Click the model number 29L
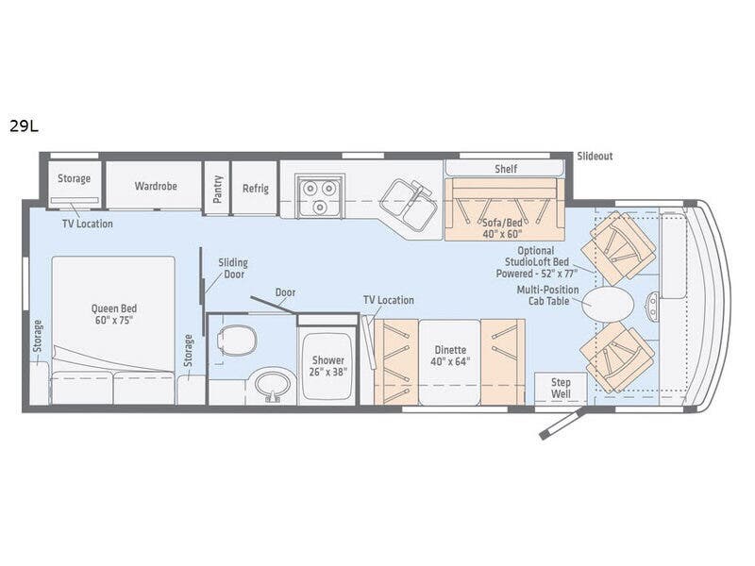pyautogui.click(x=25, y=125)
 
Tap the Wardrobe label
pyautogui.click(x=156, y=187)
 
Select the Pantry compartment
pyautogui.click(x=218, y=188)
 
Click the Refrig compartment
pyautogui.click(x=255, y=188)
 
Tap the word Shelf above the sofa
pyautogui.click(x=506, y=169)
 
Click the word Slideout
pyautogui.click(x=595, y=156)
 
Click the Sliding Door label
pyautogui.click(x=232, y=269)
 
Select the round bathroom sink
pyautogui.click(x=274, y=385)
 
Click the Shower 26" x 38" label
pyautogui.click(x=328, y=366)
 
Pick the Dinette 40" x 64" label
pyautogui.click(x=449, y=355)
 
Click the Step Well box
pyautogui.click(x=561, y=388)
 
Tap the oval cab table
pyautogui.click(x=607, y=304)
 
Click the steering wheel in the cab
pyautogui.click(x=653, y=304)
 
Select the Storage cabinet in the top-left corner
pyautogui.click(x=74, y=179)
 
